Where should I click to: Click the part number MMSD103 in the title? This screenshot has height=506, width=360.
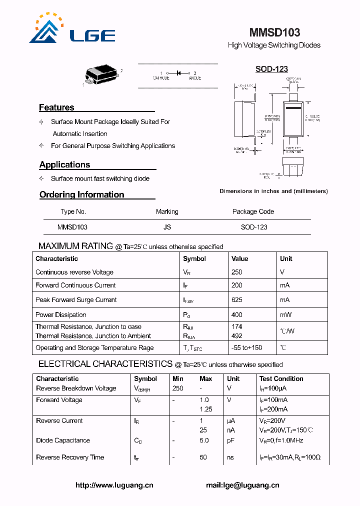pos(274,32)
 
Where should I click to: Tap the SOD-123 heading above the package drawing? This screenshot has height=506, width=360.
pos(271,69)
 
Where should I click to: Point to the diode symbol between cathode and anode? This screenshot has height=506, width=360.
pos(178,73)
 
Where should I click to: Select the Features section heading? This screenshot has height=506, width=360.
pos(56,107)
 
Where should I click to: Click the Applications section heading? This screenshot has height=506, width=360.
pos(64,164)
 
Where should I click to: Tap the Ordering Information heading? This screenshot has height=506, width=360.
pos(81,194)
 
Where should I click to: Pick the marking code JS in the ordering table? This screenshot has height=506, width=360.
pos(167,227)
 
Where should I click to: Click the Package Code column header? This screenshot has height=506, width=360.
pos(253,211)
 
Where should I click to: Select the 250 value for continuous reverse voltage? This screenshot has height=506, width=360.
pos(236,272)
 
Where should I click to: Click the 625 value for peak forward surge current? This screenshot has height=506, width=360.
pos(236,299)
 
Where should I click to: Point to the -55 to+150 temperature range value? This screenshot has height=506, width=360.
pos(246,347)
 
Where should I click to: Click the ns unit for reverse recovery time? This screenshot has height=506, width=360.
pos(230,457)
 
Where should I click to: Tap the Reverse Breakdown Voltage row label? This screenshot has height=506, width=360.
pos(76,388)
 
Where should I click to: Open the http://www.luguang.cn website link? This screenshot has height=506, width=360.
pos(114,485)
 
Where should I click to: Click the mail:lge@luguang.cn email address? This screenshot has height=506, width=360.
pos(242,485)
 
